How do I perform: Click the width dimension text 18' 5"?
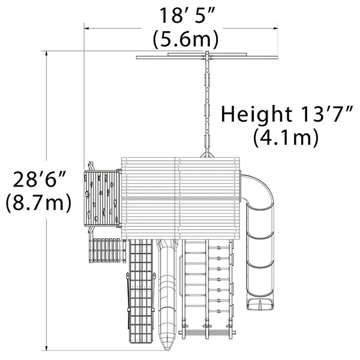[187, 16]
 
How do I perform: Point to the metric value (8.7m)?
[38, 202]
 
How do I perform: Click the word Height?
[257, 114]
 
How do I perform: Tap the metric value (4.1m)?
[286, 137]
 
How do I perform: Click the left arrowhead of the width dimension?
[87, 28]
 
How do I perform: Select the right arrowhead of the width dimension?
[275, 28]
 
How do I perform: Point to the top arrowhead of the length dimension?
[47, 53]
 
